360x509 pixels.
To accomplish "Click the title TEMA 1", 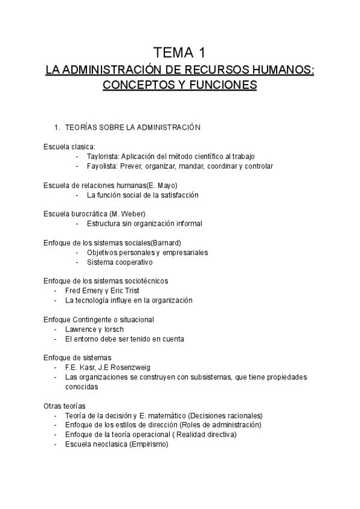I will click(x=180, y=52).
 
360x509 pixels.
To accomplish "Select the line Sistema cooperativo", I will click(x=119, y=262).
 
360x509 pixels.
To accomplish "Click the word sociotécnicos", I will click(x=146, y=281).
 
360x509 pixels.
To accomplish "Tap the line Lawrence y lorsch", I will click(x=94, y=329).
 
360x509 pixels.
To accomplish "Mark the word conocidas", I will click(x=82, y=387).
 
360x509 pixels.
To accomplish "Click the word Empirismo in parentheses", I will click(x=148, y=445).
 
